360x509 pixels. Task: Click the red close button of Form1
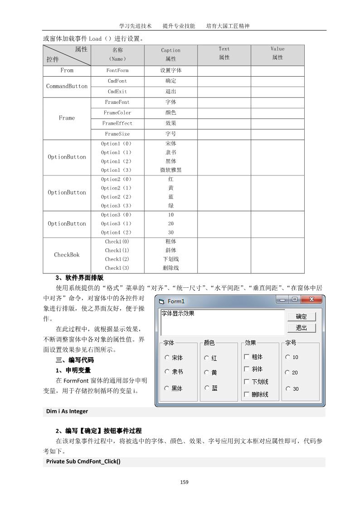click(311, 300)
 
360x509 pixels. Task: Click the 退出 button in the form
click(301, 328)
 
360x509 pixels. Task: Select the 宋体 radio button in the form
click(167, 357)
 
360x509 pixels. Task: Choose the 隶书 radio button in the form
click(167, 372)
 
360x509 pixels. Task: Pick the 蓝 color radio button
click(207, 388)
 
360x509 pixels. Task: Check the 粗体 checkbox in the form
click(247, 357)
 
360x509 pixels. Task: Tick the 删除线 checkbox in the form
click(247, 394)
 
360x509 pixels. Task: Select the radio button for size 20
click(287, 373)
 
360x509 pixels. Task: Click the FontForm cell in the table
click(117, 71)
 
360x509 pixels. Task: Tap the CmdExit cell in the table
click(117, 92)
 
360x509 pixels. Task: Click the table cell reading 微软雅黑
click(171, 170)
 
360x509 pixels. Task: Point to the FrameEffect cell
click(117, 123)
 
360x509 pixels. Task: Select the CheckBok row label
click(67, 255)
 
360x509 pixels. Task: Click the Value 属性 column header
click(277, 53)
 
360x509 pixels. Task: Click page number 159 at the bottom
click(184, 482)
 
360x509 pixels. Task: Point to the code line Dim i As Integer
click(67, 412)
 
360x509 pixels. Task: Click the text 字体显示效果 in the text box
click(178, 313)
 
